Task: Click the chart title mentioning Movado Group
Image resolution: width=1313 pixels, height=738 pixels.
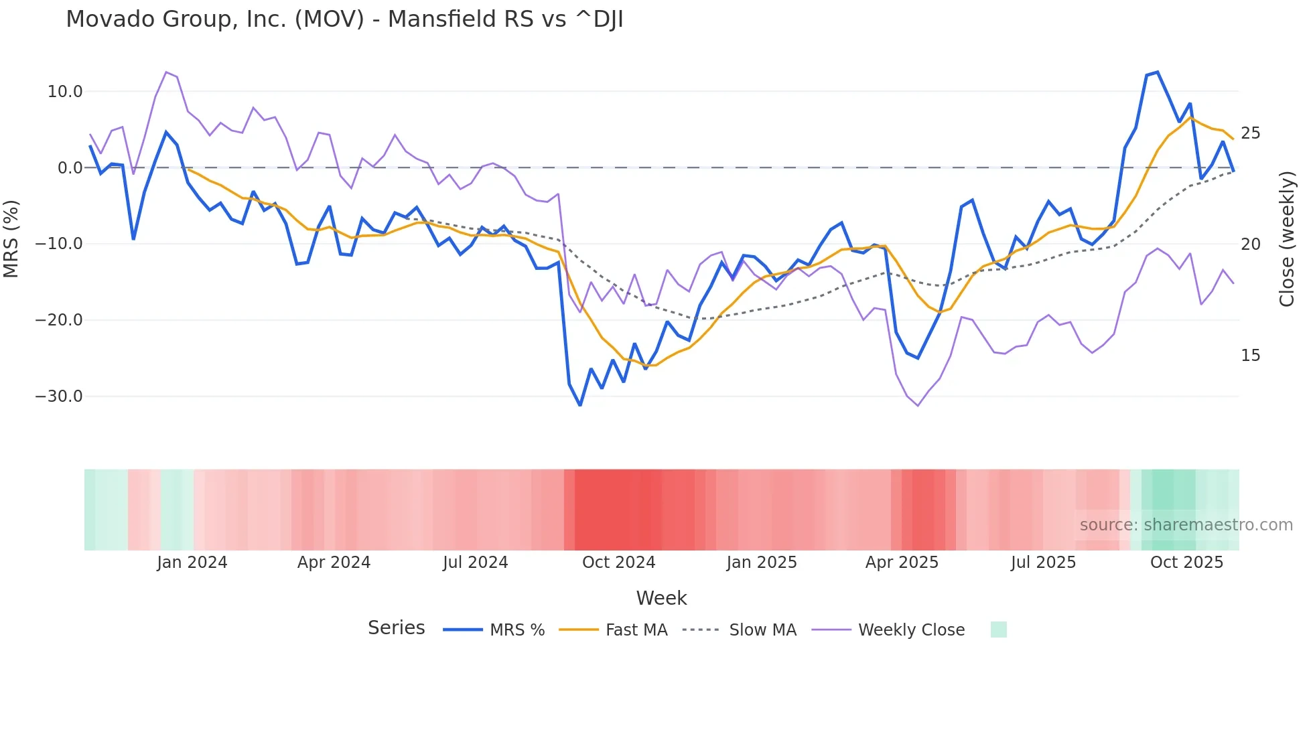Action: pos(344,19)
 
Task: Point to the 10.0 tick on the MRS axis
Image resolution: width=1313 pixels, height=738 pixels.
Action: pos(65,92)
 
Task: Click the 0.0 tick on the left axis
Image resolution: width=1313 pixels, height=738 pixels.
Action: pos(70,168)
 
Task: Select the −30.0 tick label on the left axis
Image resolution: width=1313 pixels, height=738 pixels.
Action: pos(59,396)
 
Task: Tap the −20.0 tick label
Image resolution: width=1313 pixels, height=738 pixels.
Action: pos(59,320)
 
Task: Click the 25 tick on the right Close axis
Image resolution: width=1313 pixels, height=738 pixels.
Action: pos(1250,133)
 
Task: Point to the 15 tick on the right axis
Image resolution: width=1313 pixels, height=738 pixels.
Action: pos(1250,356)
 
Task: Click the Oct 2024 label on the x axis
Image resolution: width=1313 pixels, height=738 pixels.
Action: pos(618,563)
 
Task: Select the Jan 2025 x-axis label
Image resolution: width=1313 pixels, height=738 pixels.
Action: pos(762,563)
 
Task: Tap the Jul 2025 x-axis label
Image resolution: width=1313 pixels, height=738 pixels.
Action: pos(1043,563)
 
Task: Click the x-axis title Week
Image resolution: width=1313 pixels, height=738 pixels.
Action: pos(661,598)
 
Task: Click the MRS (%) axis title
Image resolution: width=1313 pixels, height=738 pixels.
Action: pos(11,239)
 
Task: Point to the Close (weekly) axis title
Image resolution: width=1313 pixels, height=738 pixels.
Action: pos(1287,239)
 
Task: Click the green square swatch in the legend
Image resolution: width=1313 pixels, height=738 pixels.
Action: pos(998,630)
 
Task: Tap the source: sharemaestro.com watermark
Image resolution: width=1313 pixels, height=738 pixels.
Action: pos(1186,525)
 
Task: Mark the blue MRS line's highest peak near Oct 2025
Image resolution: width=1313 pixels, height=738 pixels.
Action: pos(1157,72)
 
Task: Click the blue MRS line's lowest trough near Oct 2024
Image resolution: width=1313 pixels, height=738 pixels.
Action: pos(580,405)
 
